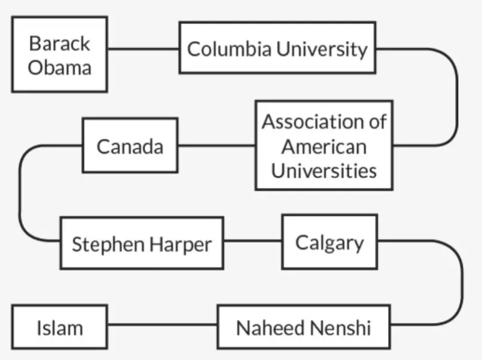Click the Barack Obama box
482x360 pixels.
tap(60, 54)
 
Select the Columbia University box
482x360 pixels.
tap(277, 48)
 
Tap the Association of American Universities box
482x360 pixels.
tap(324, 145)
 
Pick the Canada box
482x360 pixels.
tap(130, 145)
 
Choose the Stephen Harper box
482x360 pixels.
tap(142, 243)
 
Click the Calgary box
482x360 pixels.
tap(330, 242)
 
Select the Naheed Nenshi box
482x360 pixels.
tap(304, 327)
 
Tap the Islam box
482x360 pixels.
tap(60, 327)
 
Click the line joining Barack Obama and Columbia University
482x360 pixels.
tap(144, 48)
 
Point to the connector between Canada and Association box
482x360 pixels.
tap(216, 145)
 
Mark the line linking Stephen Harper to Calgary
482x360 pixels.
tap(253, 241)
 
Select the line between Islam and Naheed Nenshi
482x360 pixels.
tap(163, 324)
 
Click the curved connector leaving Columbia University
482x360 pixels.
tap(457, 97)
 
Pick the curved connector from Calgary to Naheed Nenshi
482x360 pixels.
tap(462, 282)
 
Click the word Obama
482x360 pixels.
tap(60, 68)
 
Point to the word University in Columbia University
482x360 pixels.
tap(322, 49)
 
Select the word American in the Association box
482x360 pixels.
tap(324, 147)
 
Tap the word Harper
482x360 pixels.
tap(181, 245)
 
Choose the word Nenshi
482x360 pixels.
tap(340, 328)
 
